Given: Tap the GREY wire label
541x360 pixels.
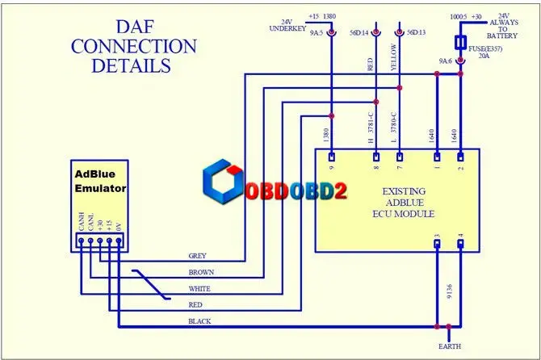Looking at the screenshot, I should [197, 256].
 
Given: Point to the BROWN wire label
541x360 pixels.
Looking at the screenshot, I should [200, 273].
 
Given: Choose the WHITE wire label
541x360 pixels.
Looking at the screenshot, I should [199, 289].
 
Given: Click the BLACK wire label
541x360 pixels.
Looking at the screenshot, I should [199, 321].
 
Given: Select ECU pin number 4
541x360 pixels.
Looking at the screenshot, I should [461, 237].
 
